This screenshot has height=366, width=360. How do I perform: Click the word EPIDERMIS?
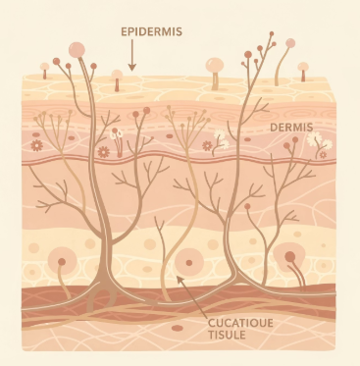pyautogui.click(x=151, y=31)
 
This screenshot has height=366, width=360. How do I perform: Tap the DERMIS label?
pyautogui.click(x=291, y=128)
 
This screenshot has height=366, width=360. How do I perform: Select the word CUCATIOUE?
pyautogui.click(x=240, y=323)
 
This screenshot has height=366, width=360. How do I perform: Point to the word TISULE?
pyautogui.click(x=227, y=335)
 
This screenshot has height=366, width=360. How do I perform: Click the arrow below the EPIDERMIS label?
pyautogui.click(x=131, y=55)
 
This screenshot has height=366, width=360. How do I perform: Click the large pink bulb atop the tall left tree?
pyautogui.click(x=77, y=50)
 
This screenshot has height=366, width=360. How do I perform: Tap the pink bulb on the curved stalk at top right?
pyautogui.click(x=290, y=43)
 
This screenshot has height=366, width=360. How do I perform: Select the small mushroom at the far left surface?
pyautogui.click(x=44, y=71)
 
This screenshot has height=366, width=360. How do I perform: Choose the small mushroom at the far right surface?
pyautogui.click(x=303, y=72)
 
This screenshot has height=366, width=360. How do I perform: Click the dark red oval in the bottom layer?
pyautogui.click(x=178, y=328)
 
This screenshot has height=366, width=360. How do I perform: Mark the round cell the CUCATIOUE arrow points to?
pyautogui.click(x=189, y=262)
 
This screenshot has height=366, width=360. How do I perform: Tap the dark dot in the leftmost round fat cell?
pyautogui.click(x=62, y=262)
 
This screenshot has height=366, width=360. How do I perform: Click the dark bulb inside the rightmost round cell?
pyautogui.click(x=289, y=256)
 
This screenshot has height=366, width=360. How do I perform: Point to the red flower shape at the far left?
pyautogui.click(x=36, y=145)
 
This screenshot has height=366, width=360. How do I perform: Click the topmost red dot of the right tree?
pyautogui.click(x=272, y=33)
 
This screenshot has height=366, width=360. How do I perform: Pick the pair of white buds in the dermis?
pyautogui.click(x=117, y=134)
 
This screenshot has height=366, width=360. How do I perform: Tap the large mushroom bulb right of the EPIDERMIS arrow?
pyautogui.click(x=215, y=65)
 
